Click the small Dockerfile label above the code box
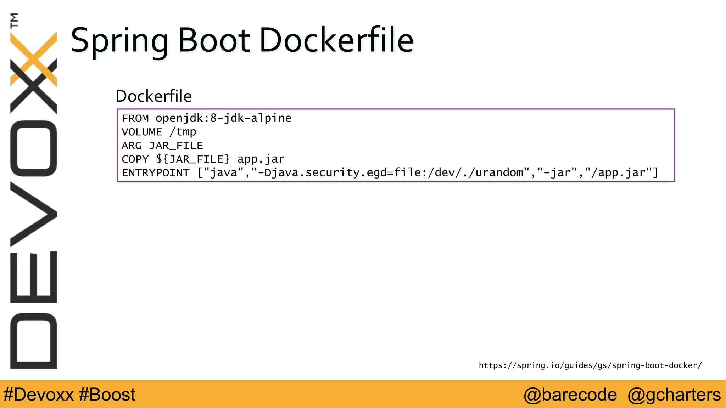[153, 96]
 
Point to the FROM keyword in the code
[135, 118]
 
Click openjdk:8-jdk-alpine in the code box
[223, 118]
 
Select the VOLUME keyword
[142, 132]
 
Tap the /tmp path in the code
[183, 132]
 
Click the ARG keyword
[132, 146]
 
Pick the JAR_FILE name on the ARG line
[176, 146]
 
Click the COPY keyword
[135, 159]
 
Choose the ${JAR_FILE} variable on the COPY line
[193, 159]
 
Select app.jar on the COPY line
[261, 159]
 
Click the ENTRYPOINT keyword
[156, 173]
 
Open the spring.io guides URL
[590, 365]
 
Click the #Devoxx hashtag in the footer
[38, 395]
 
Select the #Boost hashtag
[107, 395]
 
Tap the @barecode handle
[570, 395]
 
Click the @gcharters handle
[674, 395]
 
